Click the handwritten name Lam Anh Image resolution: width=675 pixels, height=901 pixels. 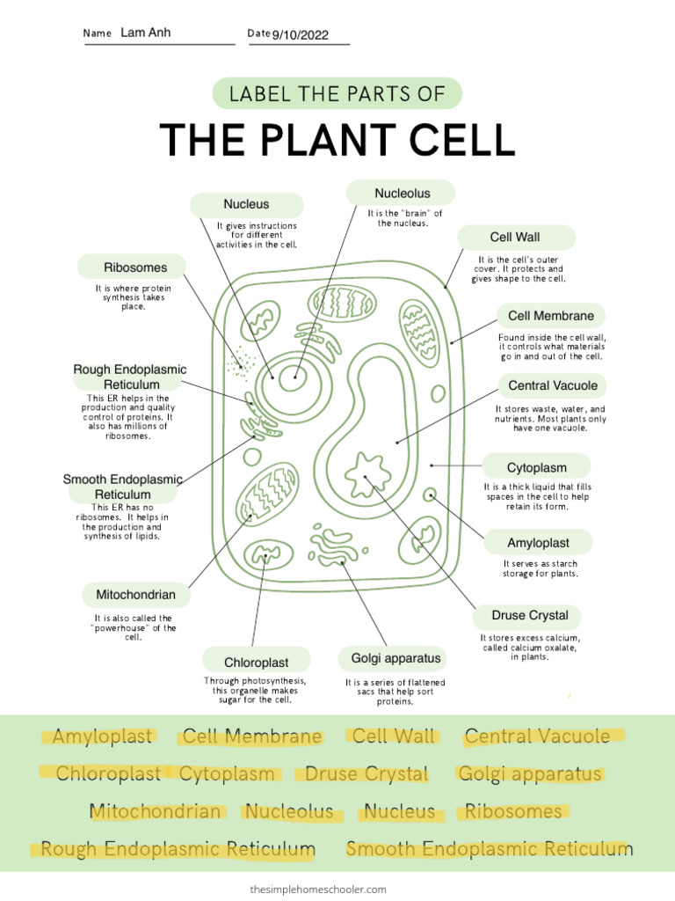coord(145,33)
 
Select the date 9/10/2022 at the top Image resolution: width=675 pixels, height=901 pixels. coord(300,35)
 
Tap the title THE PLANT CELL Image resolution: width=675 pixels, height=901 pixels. coord(337,140)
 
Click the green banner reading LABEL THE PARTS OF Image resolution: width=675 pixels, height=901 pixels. coord(337,94)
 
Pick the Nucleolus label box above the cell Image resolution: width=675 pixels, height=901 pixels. coord(402,193)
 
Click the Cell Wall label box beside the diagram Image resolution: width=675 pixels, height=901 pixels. coord(515,238)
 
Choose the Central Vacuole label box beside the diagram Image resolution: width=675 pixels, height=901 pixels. coord(552,385)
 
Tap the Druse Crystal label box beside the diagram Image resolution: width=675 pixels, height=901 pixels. coord(529,615)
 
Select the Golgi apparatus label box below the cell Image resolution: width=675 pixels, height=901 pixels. coord(389,658)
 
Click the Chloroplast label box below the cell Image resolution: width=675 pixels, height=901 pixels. coord(256,662)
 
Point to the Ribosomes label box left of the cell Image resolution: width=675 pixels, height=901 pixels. coord(134,267)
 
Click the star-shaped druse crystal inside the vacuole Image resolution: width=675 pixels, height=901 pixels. coord(367,474)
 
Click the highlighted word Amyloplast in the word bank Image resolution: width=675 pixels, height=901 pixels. coord(102,736)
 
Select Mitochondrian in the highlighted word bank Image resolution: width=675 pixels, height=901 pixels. coord(156,811)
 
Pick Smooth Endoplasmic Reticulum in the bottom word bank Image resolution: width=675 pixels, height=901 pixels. coord(489,849)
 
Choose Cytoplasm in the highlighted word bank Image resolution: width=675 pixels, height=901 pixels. coord(228,774)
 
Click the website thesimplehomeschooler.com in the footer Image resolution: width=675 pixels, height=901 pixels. coord(318,890)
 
